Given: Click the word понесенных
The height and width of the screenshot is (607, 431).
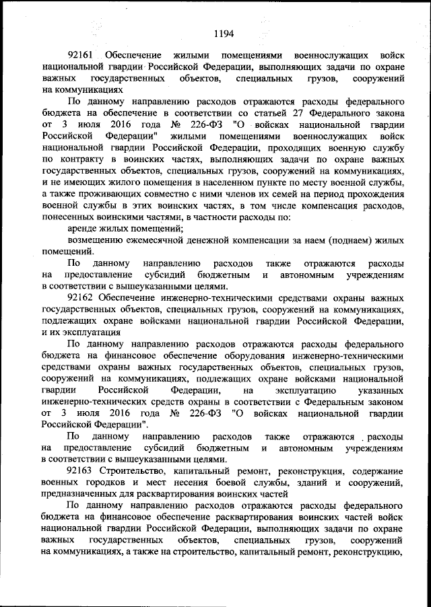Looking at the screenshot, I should (71, 217).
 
